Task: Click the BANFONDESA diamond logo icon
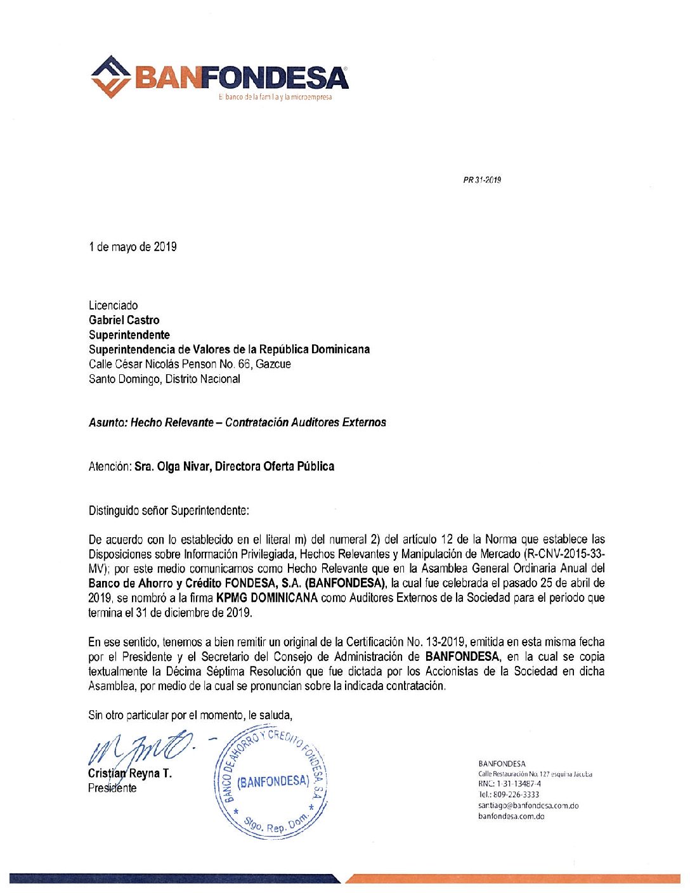pos(111,77)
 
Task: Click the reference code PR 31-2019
pos(482,180)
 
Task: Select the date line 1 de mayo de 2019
pos(133,247)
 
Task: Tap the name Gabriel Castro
pos(124,320)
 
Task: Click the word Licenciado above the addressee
pos(113,306)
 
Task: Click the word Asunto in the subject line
pos(107,422)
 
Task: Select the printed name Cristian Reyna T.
pos(130,774)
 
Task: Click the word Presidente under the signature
pos(112,788)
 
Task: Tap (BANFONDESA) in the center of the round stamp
pos(273,782)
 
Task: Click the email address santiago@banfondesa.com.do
pos(528,805)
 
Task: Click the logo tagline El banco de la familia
pos(275,97)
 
